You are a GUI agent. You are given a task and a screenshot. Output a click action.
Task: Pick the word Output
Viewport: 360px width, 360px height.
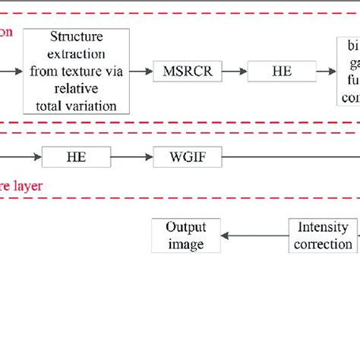pos(186,227)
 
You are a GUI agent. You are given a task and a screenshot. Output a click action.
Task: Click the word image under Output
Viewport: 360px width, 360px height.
pos(186,245)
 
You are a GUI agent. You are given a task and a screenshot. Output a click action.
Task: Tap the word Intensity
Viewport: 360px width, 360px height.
pos(324,227)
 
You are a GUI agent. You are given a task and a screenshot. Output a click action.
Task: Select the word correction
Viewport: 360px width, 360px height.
pos(324,245)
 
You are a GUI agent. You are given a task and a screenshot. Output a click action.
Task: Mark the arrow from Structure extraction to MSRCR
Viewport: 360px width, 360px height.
pos(140,72)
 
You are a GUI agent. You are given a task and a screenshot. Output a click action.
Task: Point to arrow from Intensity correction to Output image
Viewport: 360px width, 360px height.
pos(255,236)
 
